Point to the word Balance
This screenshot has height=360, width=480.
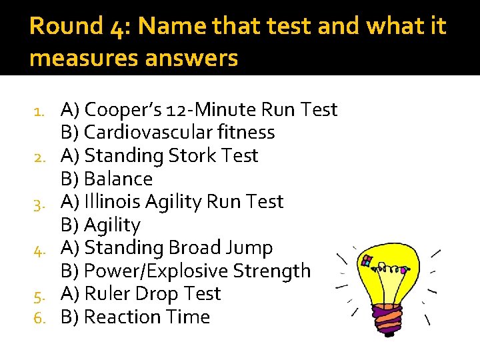118,179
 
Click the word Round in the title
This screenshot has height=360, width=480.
65,27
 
